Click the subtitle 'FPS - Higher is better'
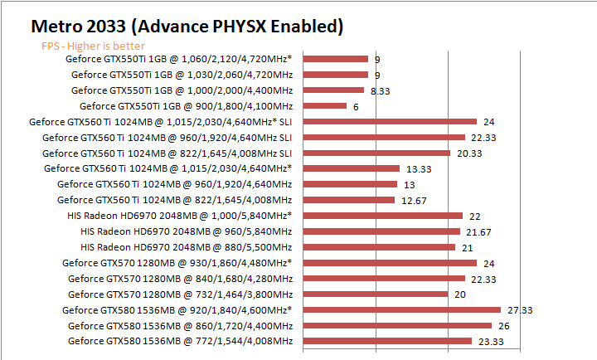tap(93, 46)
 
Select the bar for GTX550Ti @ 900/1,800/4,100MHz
tap(325, 105)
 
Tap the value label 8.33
tap(381, 90)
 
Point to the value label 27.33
tap(519, 309)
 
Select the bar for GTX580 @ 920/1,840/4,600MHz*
tap(402, 309)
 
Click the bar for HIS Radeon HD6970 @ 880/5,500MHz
tap(380, 246)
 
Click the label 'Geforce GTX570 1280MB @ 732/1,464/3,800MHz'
tap(180, 294)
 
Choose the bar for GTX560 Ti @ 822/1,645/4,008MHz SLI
tap(377, 153)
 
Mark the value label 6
tap(355, 106)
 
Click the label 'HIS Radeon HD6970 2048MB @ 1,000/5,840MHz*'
tap(186, 216)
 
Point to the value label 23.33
tap(484, 341)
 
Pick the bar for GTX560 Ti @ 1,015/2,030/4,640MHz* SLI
tap(391, 121)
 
